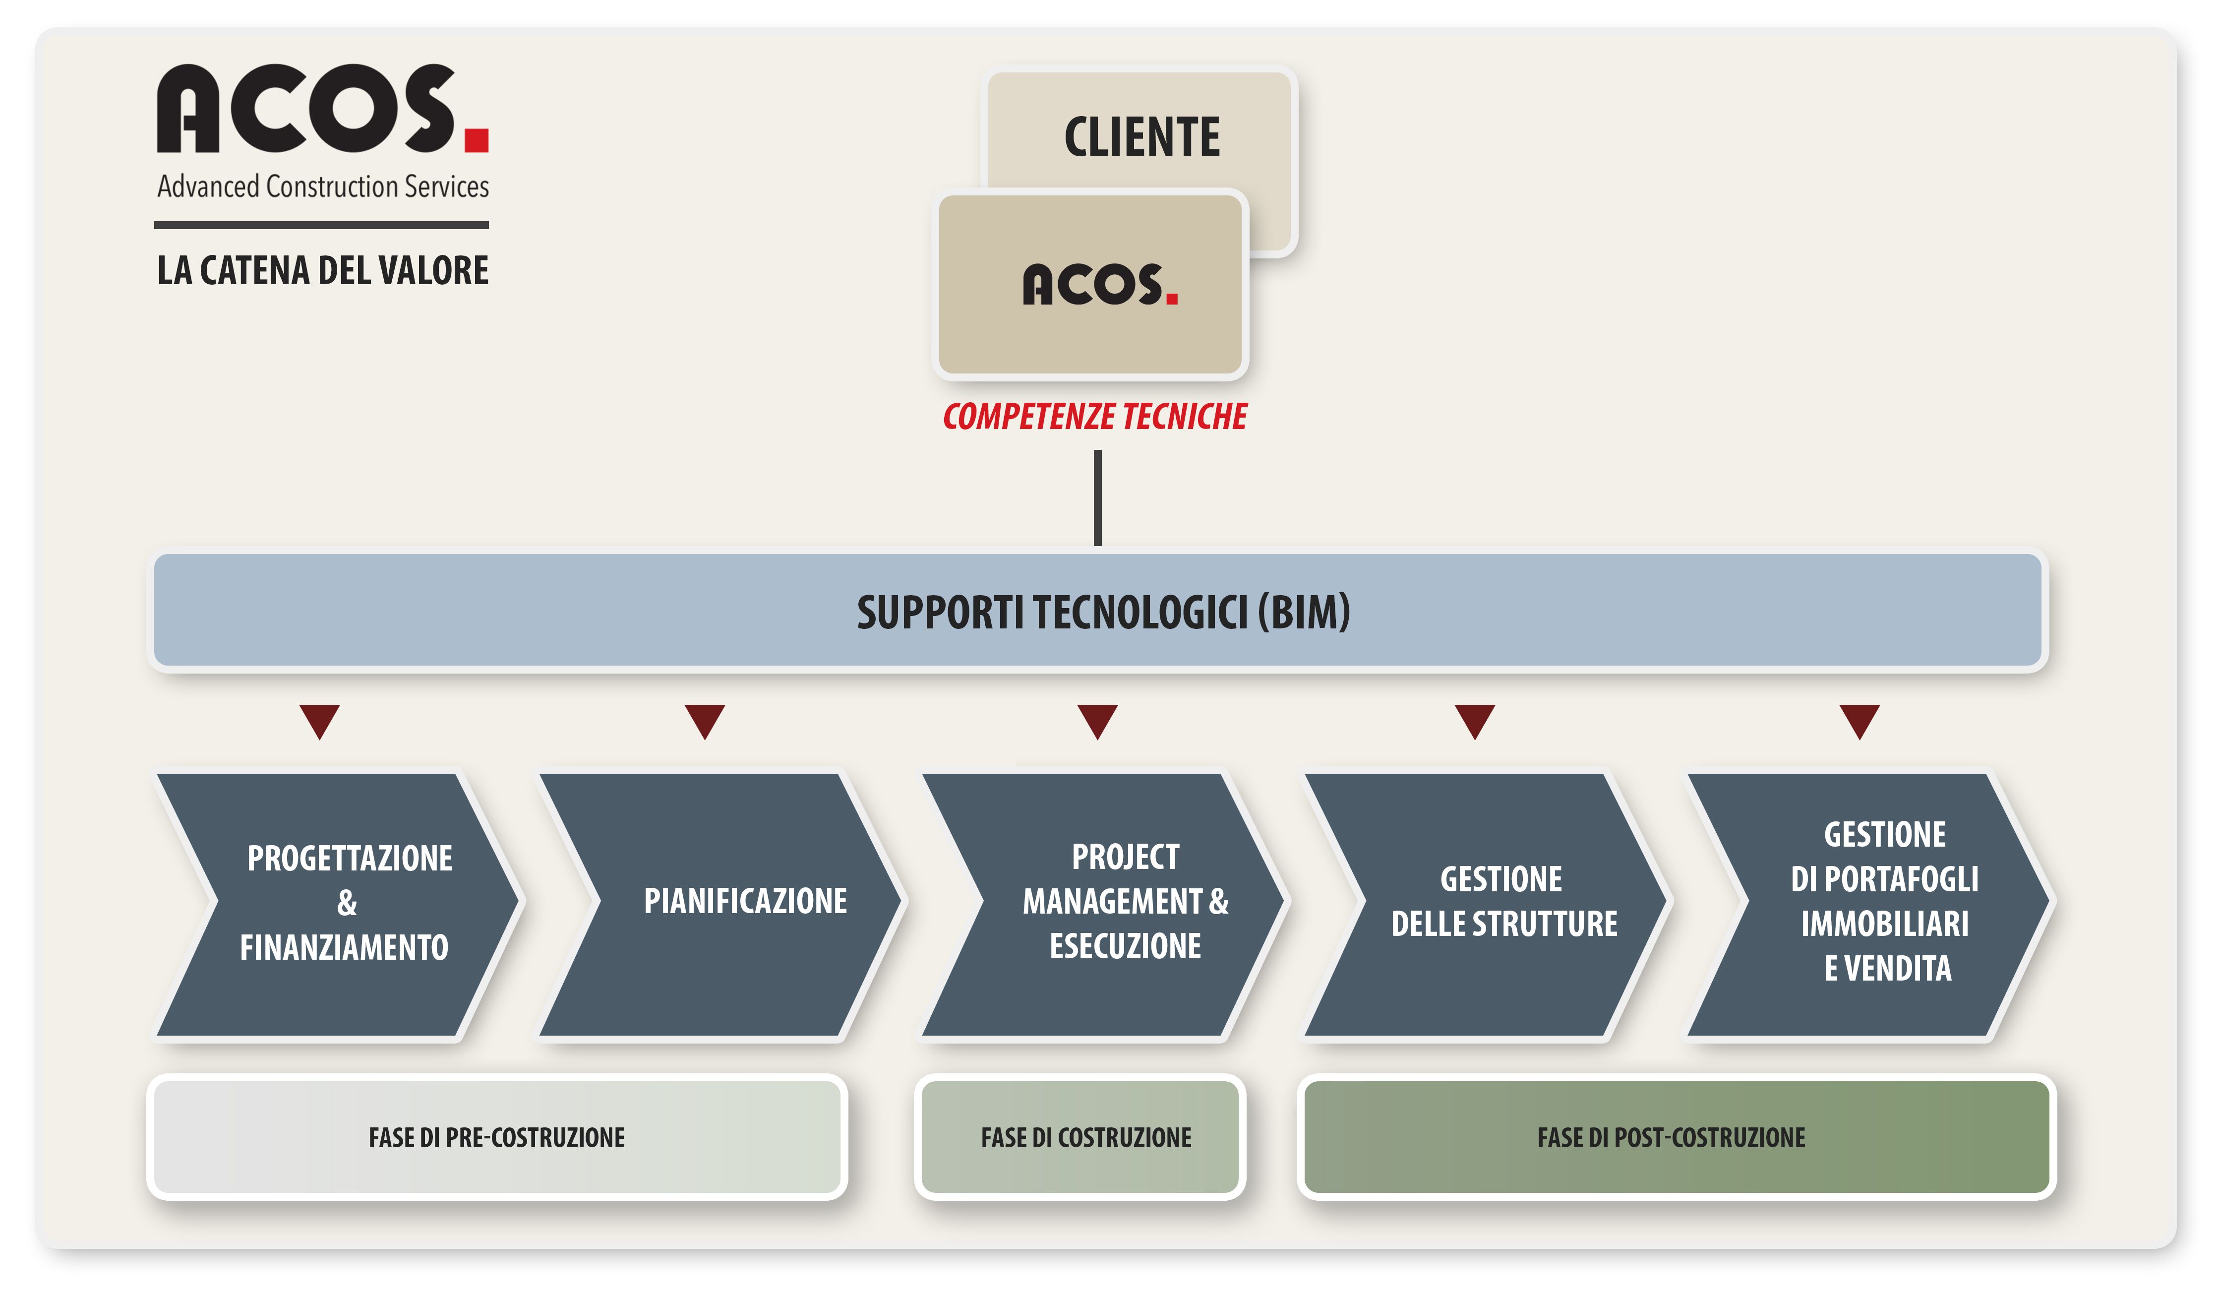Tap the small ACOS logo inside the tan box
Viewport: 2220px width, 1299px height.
pyautogui.click(x=1099, y=285)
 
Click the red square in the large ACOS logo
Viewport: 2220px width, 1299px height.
pyautogui.click(x=477, y=140)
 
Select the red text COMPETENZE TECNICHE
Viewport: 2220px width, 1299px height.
pyautogui.click(x=1095, y=416)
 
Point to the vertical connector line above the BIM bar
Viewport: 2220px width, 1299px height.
pyautogui.click(x=1098, y=498)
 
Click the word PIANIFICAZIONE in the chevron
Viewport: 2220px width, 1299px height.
pyautogui.click(x=745, y=901)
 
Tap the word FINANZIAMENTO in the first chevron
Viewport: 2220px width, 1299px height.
pyautogui.click(x=345, y=947)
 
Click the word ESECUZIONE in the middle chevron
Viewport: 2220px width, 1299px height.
pyautogui.click(x=1125, y=946)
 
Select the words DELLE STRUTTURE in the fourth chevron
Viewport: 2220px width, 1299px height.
pyautogui.click(x=1504, y=924)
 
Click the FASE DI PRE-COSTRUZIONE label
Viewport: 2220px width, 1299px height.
pyautogui.click(x=497, y=1138)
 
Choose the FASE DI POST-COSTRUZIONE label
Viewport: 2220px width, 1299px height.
pyautogui.click(x=1671, y=1138)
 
